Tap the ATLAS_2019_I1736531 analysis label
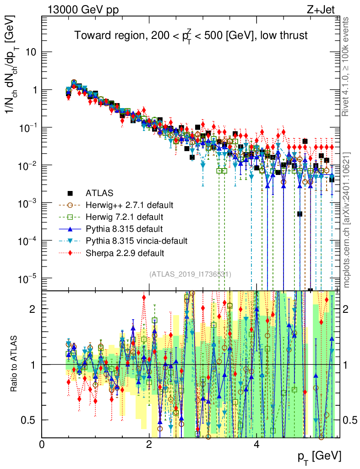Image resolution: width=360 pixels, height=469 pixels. [190, 274]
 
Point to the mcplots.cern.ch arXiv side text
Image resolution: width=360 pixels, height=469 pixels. [347, 220]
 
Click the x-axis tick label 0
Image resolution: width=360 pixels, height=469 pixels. [42, 444]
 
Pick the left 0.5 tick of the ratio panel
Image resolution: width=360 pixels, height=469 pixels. [30, 420]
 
